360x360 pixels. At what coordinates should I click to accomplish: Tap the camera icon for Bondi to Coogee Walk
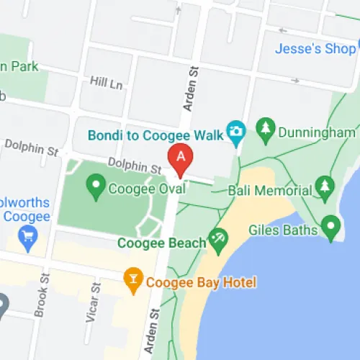235,131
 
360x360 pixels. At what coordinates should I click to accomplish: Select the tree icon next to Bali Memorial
324,188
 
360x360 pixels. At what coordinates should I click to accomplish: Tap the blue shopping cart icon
29,237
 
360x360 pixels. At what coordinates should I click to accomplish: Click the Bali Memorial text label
269,190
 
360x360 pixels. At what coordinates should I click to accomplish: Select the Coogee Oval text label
147,189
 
